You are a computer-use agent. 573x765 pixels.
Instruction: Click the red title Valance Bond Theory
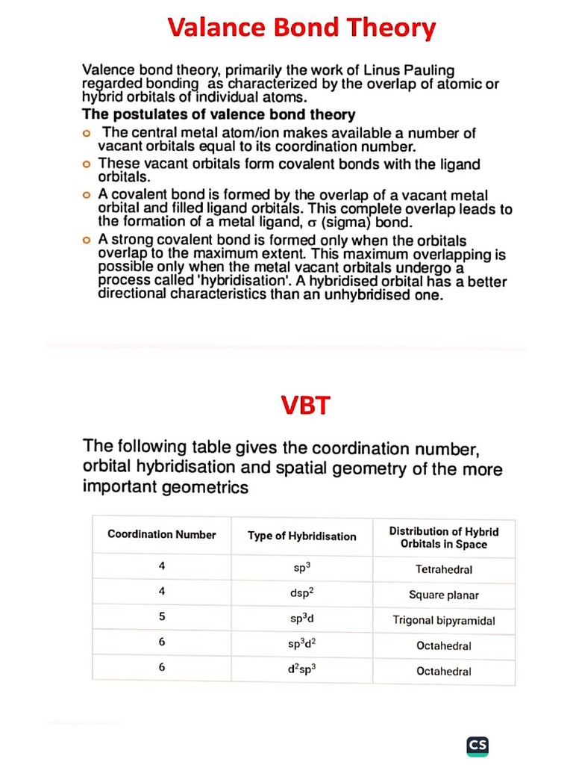[301, 28]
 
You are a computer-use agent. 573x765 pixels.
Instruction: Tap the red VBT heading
[305, 406]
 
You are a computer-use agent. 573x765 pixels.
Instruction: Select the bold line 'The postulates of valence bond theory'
[218, 114]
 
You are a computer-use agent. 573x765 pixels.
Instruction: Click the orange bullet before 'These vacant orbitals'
[87, 164]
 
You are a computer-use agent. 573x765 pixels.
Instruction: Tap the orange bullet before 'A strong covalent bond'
[87, 241]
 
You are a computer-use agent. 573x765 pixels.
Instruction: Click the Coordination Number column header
[162, 534]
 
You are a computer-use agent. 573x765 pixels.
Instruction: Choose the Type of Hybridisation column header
[301, 536]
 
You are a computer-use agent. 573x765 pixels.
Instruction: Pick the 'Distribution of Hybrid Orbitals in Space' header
[444, 537]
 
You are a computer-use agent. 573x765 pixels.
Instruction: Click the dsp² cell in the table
[301, 595]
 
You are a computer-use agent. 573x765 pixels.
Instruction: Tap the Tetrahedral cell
[444, 569]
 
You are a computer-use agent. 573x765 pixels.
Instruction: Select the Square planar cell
[444, 595]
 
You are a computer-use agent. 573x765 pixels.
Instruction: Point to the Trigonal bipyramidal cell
[444, 620]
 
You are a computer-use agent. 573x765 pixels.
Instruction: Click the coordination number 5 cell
[162, 617]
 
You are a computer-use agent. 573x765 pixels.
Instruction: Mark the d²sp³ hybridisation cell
[301, 669]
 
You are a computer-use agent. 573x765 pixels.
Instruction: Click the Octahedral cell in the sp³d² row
[444, 645]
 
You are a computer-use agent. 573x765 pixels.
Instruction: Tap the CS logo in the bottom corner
[477, 745]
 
